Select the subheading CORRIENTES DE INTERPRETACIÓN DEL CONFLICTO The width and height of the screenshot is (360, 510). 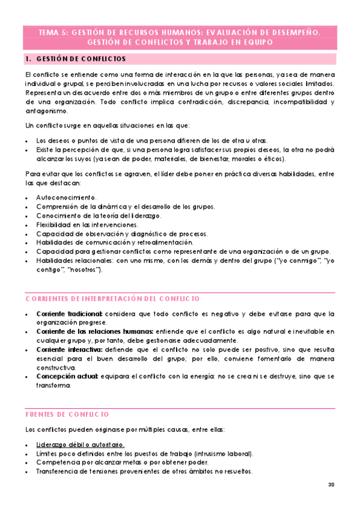click(112, 299)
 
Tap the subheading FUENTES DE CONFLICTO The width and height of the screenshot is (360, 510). click(67, 414)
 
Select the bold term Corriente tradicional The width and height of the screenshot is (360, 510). click(69, 314)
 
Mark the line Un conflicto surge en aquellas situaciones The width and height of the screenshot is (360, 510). click(107, 125)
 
